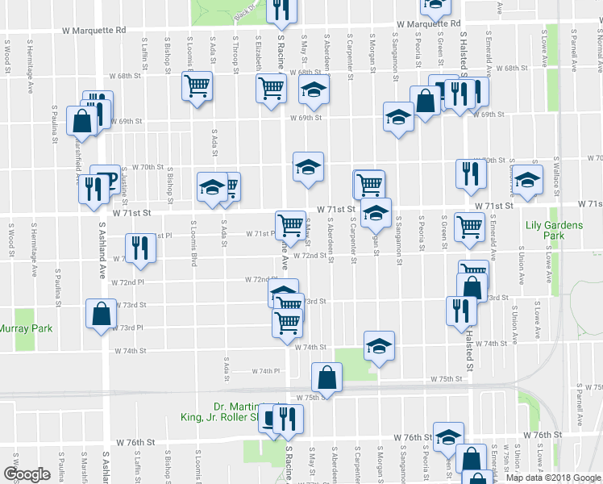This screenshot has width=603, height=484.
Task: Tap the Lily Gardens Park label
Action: (x=554, y=231)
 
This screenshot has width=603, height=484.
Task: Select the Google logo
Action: (x=27, y=474)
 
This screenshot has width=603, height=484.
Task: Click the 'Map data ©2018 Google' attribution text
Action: (x=552, y=478)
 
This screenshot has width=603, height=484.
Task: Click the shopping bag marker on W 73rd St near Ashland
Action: (x=102, y=315)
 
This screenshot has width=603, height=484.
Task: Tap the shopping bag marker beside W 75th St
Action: (x=326, y=377)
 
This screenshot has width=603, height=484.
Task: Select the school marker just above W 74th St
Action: (x=379, y=345)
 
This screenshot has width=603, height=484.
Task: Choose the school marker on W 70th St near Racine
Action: (x=307, y=167)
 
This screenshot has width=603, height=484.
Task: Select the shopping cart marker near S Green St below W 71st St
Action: (x=468, y=227)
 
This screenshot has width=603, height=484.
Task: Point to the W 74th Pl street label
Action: (x=265, y=371)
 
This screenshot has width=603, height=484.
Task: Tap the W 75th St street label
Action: (x=445, y=378)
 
